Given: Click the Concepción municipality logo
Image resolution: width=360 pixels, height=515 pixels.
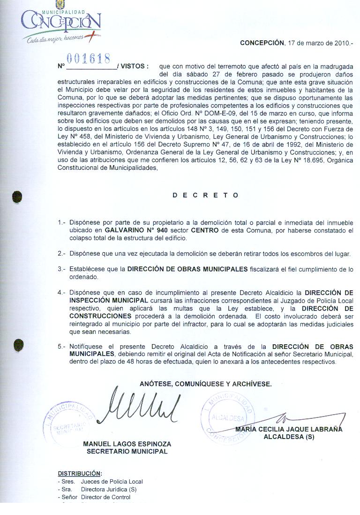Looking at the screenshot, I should [x=60, y=23].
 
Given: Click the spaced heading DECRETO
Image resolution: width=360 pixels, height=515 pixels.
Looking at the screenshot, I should [x=205, y=195].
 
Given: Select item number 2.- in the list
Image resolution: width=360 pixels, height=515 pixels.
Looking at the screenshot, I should [x=61, y=254].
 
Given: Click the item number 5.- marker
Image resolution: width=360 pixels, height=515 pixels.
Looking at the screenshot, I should [x=61, y=347].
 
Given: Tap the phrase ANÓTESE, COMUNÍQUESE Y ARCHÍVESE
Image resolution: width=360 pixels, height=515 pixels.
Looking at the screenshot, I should [x=205, y=384].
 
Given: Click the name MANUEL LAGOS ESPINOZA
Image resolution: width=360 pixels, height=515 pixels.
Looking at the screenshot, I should [x=127, y=444].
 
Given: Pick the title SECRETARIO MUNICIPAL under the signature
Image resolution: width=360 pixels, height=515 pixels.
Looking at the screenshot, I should [x=127, y=451].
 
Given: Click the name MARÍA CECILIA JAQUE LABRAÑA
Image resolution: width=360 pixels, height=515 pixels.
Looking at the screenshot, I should [x=289, y=429].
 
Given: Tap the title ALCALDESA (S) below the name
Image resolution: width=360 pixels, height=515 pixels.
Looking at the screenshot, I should [x=289, y=437].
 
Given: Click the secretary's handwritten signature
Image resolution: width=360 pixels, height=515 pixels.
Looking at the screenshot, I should [x=141, y=406].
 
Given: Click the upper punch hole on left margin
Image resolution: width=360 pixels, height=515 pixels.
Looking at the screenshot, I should [x=18, y=196].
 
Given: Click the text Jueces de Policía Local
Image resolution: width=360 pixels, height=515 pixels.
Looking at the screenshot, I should [x=112, y=481].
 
